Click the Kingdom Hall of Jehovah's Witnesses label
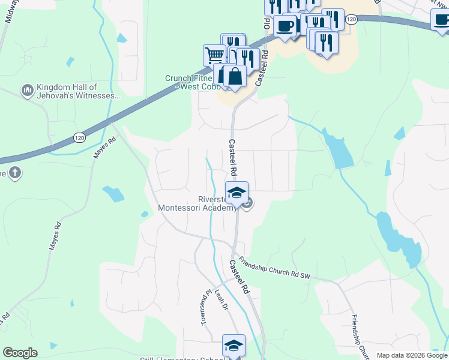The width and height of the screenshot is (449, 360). point(79,91)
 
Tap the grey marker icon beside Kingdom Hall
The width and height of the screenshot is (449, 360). point(26,91)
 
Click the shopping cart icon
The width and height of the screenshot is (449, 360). point(214,55)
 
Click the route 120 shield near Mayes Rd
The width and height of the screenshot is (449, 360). point(79,138)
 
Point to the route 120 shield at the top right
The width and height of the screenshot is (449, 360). point(352,20)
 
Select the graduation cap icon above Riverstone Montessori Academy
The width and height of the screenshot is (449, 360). point(237,193)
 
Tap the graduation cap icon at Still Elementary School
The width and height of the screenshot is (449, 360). point(234,346)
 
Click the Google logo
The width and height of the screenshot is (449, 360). point(20,353)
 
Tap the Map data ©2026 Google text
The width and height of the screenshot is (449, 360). point(412,355)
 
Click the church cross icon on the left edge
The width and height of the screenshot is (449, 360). point(15,173)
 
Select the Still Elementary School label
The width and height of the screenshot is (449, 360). point(180,358)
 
